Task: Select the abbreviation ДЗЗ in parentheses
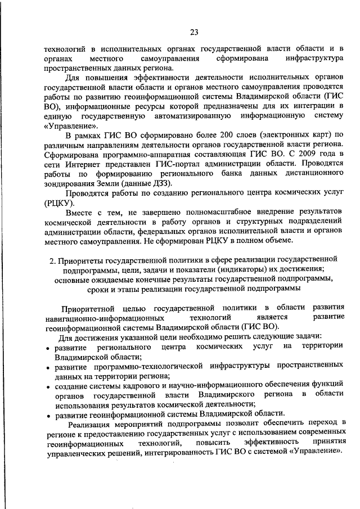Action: click(159, 183)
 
